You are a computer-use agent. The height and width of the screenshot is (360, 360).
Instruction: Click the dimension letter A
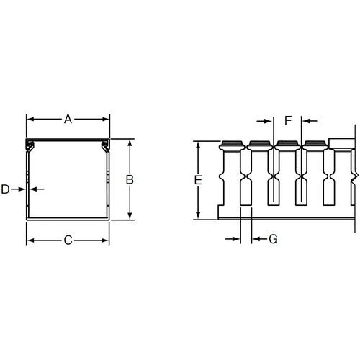coord(68,120)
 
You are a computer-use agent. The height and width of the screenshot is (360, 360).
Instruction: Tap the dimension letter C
coord(68,240)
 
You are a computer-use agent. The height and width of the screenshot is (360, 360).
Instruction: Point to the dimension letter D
coord(6,189)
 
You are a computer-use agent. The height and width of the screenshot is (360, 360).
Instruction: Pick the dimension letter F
coord(288,120)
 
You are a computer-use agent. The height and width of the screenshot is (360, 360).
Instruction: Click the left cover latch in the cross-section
coord(31,148)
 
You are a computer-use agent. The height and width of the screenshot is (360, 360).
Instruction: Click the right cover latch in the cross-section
coord(105,148)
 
